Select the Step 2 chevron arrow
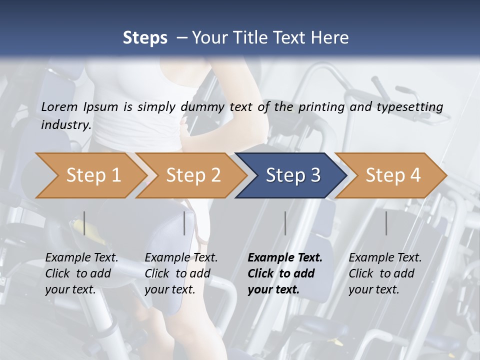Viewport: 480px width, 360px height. point(192,175)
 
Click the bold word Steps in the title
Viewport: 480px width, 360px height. point(145,38)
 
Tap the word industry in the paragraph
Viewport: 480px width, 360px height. point(65,125)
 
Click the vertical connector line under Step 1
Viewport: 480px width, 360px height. point(84,223)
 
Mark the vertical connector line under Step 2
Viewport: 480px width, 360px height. point(184,223)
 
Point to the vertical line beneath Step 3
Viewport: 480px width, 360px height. point(285,223)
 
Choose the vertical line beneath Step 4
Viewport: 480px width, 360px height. point(386,223)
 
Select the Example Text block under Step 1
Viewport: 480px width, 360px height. point(81,273)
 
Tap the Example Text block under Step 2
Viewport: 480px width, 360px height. point(180,273)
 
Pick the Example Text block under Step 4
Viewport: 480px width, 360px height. point(384,273)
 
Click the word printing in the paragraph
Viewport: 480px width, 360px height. point(322,107)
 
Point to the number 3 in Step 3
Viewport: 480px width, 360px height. point(315,175)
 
